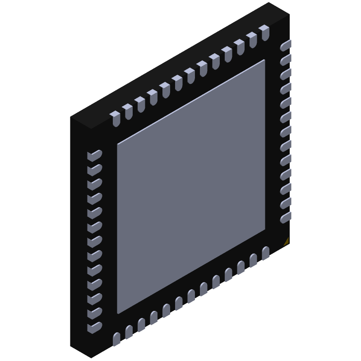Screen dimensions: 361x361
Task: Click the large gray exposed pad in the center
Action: [191, 186]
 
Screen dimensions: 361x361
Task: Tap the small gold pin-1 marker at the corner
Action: [286, 242]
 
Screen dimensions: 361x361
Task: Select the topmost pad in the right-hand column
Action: [285, 46]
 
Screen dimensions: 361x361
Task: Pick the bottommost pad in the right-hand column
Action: [285, 218]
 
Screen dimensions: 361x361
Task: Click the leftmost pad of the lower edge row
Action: [117, 338]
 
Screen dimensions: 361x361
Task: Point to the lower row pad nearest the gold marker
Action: [265, 253]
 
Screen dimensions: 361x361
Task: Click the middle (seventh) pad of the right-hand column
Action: [285, 132]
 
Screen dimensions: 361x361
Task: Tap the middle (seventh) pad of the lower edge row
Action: [191, 296]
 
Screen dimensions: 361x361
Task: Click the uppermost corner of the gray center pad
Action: [264, 60]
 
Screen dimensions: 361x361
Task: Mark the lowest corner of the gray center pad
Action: [118, 313]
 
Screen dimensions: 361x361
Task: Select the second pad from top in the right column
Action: [285, 60]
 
